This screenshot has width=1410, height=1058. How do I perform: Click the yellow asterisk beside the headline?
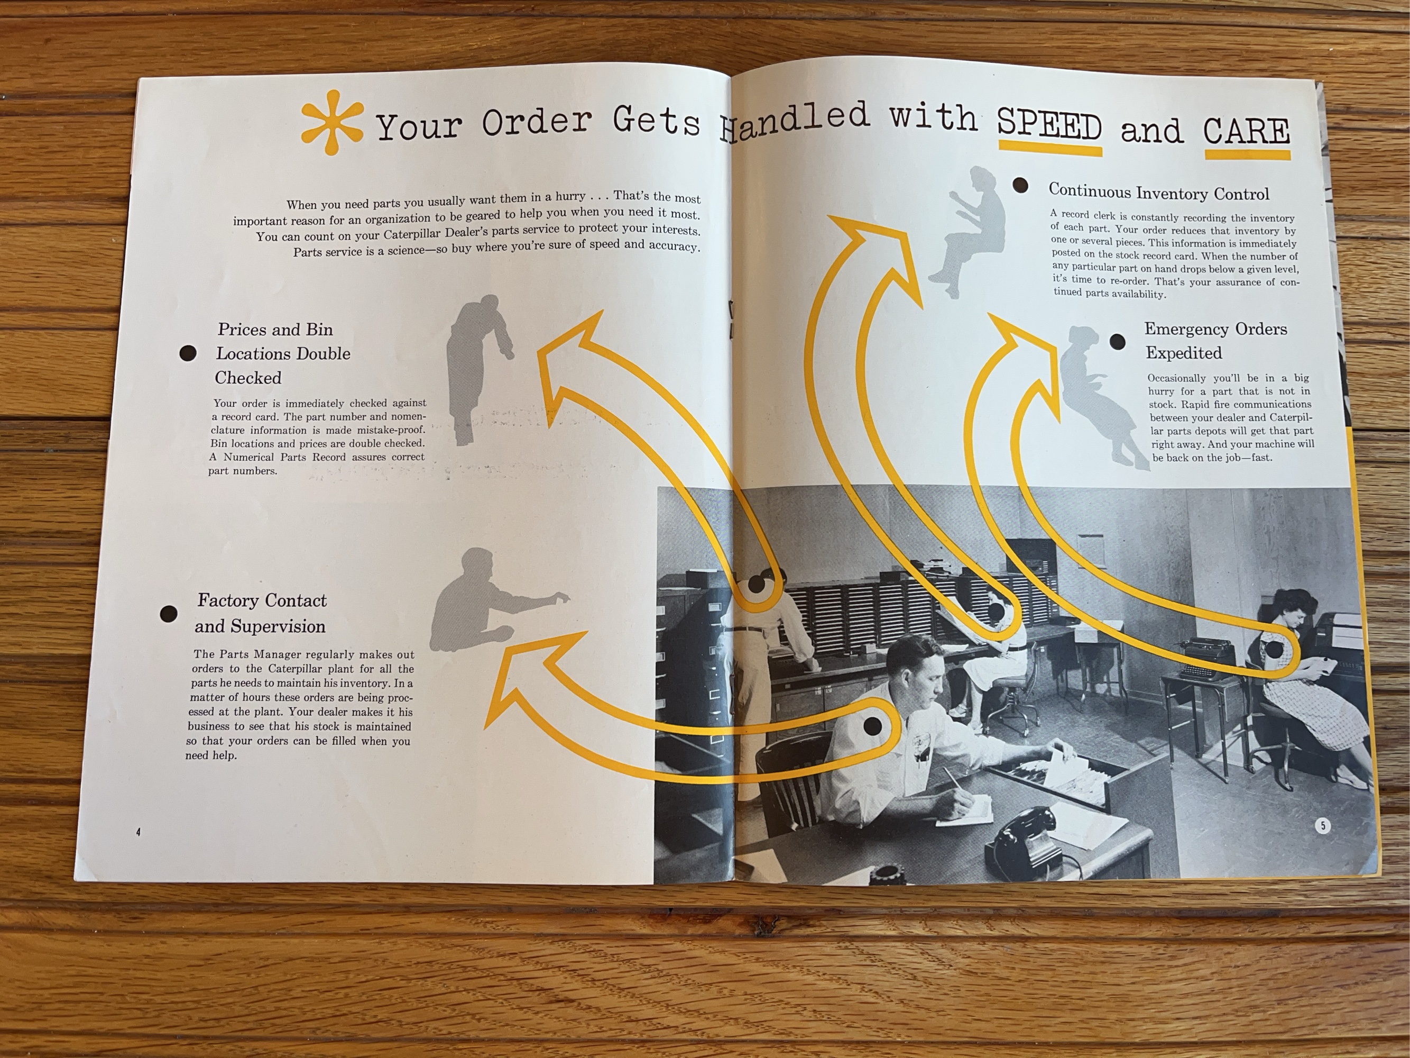click(x=331, y=122)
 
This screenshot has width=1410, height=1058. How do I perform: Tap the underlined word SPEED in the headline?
click(x=1049, y=125)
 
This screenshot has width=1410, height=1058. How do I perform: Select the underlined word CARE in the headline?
click(x=1246, y=132)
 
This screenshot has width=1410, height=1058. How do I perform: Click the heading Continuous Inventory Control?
click(x=1158, y=192)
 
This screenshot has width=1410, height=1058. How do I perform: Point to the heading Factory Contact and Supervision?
click(x=261, y=613)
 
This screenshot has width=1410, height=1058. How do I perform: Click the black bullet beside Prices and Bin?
click(x=188, y=353)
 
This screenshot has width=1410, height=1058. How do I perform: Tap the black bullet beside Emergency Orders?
click(x=1118, y=342)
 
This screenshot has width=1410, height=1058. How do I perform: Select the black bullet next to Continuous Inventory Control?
click(x=1020, y=186)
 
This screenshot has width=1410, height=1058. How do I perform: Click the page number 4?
click(x=139, y=832)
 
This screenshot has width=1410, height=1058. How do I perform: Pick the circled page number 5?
click(x=1323, y=826)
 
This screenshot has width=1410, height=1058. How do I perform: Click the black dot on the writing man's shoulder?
click(x=873, y=725)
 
